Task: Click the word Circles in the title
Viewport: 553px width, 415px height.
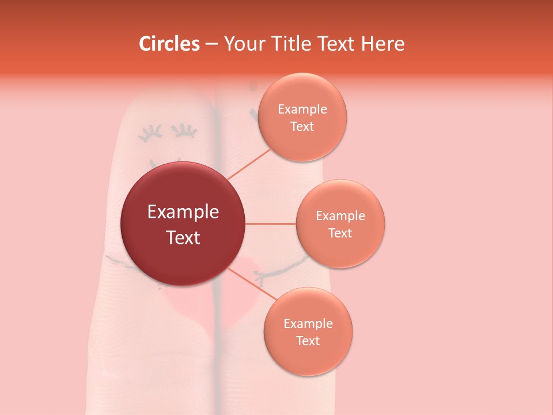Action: click(x=169, y=44)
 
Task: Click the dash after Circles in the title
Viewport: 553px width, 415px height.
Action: click(x=211, y=44)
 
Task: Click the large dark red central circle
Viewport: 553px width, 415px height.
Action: click(x=183, y=224)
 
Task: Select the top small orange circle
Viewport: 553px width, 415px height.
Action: click(x=302, y=117)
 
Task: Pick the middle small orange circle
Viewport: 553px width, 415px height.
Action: click(x=340, y=224)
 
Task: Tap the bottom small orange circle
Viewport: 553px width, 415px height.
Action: click(x=308, y=331)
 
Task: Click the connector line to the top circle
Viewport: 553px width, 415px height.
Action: click(x=249, y=164)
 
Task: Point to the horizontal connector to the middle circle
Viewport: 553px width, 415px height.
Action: click(x=270, y=224)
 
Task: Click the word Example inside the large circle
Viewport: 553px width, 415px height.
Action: click(x=183, y=212)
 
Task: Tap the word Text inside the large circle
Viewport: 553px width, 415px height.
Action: click(x=183, y=237)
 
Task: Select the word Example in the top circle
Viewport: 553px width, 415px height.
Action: click(x=302, y=110)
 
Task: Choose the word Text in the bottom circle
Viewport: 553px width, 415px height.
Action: click(x=308, y=341)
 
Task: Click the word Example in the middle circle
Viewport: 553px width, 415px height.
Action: click(x=340, y=216)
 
